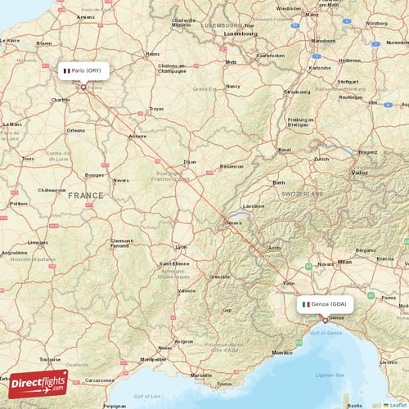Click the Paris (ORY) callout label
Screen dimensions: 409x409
click(x=83, y=70)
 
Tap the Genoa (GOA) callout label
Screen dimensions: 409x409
click(x=325, y=303)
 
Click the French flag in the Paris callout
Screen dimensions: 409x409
click(x=67, y=70)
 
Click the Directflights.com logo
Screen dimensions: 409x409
click(x=38, y=383)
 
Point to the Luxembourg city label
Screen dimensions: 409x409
click(x=240, y=34)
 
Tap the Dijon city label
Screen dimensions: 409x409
click(x=191, y=162)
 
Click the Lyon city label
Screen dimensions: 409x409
click(x=181, y=246)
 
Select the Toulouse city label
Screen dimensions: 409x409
click(x=50, y=359)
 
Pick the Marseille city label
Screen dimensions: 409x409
click(x=200, y=375)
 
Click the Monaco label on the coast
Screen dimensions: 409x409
click(x=281, y=352)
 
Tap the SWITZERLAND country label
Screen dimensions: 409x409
click(x=303, y=194)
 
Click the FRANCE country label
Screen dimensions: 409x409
click(x=86, y=196)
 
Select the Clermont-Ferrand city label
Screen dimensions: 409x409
click(x=124, y=244)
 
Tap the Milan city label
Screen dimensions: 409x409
click(x=344, y=262)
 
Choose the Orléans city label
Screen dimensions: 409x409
click(x=76, y=130)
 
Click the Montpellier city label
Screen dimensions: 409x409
click(x=153, y=358)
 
